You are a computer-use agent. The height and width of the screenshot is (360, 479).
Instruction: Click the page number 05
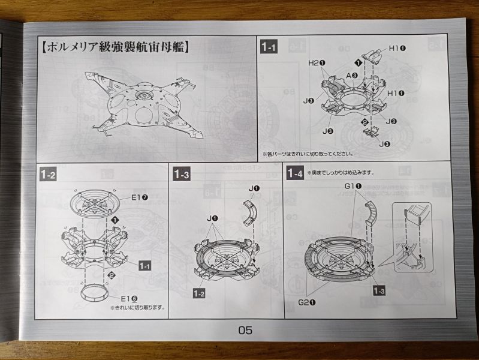coord(245,329)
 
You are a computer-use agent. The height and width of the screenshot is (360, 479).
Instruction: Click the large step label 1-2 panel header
coord(49,175)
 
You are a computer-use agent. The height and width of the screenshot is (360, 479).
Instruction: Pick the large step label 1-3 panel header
coord(182,174)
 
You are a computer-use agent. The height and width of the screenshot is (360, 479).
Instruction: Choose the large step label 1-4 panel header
coord(294,174)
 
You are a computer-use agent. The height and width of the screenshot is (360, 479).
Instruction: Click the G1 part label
coord(351,186)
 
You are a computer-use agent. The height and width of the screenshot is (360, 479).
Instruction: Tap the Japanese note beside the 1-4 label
coord(341,173)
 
